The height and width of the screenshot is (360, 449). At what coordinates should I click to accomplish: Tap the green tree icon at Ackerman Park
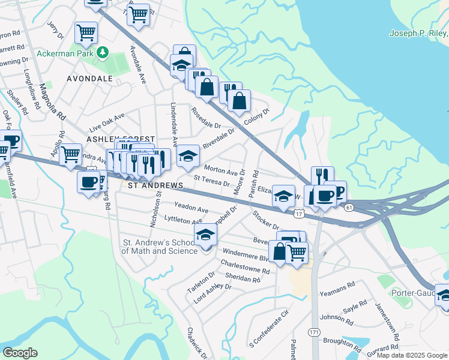point(103,52)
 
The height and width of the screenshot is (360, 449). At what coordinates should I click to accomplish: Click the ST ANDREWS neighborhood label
point(155,186)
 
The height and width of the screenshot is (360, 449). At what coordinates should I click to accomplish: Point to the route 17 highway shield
point(298,213)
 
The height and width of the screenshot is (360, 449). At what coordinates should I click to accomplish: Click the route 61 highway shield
point(349,207)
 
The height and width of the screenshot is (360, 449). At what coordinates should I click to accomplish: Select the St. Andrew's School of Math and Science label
point(160,247)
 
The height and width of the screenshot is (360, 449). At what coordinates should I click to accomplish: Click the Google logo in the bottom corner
point(20,353)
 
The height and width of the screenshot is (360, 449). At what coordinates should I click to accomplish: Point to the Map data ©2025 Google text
point(412,355)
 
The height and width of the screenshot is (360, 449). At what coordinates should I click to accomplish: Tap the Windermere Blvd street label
point(245,254)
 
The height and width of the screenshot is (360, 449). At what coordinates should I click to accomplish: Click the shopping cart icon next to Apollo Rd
point(71,154)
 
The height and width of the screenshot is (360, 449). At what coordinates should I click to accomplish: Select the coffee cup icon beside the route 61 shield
point(325,196)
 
